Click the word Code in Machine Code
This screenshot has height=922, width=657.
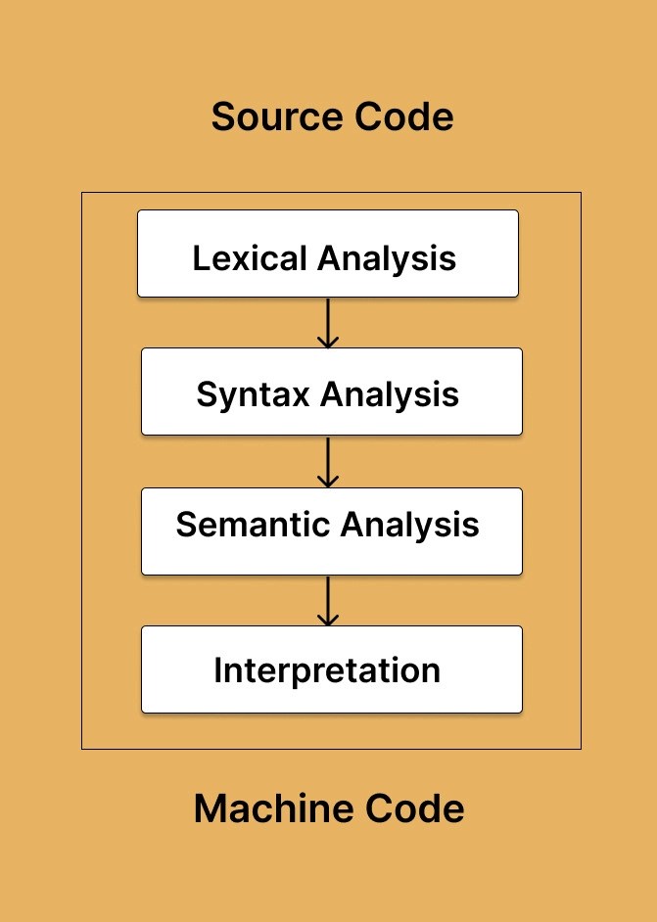click(414, 809)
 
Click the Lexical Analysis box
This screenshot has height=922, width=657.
click(327, 254)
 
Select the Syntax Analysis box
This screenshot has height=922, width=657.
click(331, 392)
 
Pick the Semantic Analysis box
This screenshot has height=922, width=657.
click(331, 531)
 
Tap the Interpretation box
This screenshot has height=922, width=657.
click(331, 669)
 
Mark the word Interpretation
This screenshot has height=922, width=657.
click(327, 671)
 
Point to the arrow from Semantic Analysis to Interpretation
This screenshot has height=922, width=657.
click(328, 599)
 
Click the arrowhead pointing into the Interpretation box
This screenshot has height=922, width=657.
click(328, 619)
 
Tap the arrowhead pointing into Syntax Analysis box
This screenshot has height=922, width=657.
click(328, 341)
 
